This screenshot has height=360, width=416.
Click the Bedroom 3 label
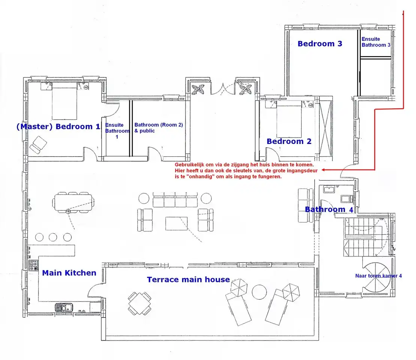pyautogui.click(x=320, y=44)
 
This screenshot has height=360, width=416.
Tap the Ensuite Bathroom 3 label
pyautogui.click(x=376, y=42)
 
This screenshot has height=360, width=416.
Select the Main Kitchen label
pyautogui.click(x=69, y=273)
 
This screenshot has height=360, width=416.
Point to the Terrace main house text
pyautogui.click(x=188, y=279)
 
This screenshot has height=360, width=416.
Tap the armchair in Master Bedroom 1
pyautogui.click(x=38, y=145)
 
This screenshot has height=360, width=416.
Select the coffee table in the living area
pyautogui.click(x=176, y=223)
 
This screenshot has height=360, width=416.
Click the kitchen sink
pyautogui.click(x=64, y=307)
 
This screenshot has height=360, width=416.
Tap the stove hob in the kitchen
pyautogui.click(x=33, y=265)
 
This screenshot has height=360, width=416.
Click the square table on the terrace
pyautogui.click(x=140, y=304)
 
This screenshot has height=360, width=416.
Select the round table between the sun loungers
pyautogui.click(x=259, y=292)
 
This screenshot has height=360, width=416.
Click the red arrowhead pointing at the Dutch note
pyautogui.click(x=323, y=170)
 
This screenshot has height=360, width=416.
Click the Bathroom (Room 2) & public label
pyautogui.click(x=158, y=127)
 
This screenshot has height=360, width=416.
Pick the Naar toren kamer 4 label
pyautogui.click(x=378, y=276)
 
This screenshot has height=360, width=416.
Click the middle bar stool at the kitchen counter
pyautogui.click(x=53, y=237)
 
